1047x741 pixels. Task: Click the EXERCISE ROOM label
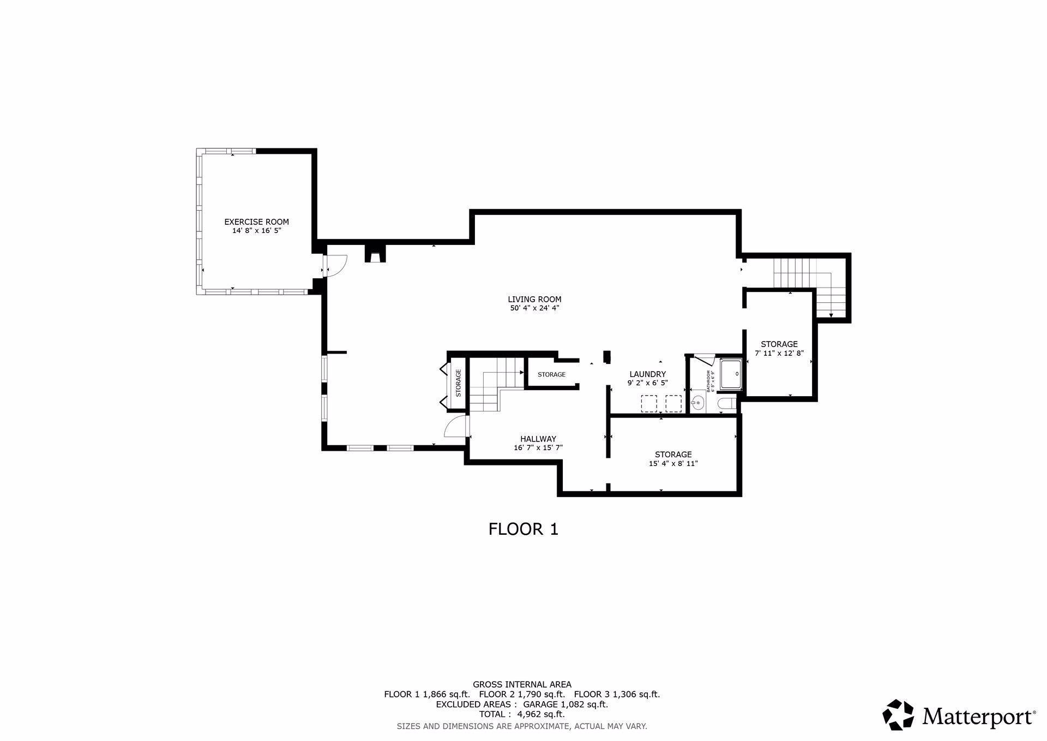pos(256,222)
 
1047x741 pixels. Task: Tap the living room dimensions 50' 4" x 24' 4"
pos(534,308)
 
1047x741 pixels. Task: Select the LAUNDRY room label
pos(647,374)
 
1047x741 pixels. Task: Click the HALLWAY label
pos(538,439)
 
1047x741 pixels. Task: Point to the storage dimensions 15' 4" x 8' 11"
pos(673,464)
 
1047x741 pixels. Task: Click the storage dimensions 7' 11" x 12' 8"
pos(779,353)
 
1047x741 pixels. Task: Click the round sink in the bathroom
pos(697,404)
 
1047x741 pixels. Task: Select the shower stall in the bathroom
pos(731,374)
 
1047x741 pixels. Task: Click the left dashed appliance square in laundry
pos(648,403)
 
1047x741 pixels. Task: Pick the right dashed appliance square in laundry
pos(673,403)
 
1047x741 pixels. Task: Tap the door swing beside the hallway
pos(456,426)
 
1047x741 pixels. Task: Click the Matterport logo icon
pos(898,714)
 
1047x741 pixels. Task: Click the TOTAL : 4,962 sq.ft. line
pos(522,714)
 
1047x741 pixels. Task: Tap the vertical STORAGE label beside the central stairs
pos(459,383)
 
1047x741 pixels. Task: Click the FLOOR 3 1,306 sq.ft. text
pos(617,695)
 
